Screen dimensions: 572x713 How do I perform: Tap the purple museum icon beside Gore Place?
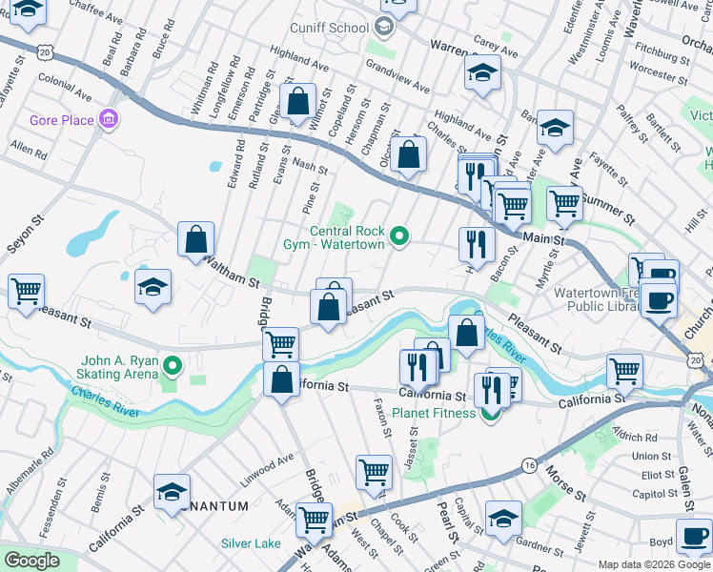click(109, 120)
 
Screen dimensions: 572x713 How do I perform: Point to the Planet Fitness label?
click(435, 413)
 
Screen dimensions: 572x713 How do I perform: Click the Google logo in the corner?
click(31, 561)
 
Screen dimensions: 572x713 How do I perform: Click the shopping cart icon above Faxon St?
click(374, 444)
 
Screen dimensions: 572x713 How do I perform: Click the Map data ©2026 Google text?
click(653, 564)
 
